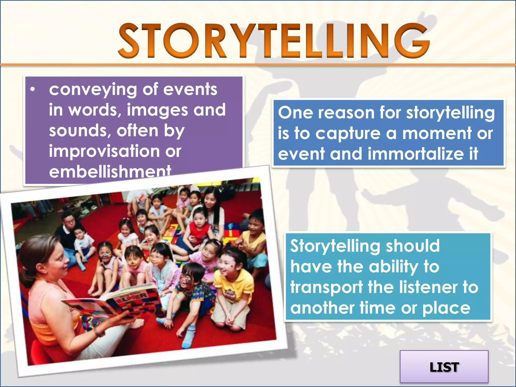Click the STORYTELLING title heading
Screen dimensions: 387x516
pos(274,40)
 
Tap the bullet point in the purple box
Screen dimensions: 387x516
pos(32,89)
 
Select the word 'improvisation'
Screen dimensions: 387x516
pos(104,151)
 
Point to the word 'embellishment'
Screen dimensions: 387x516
pos(110,171)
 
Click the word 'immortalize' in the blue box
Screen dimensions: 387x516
pos(416,154)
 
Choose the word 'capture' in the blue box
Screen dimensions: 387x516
pos(348,134)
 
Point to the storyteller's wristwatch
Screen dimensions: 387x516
pos(99,333)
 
